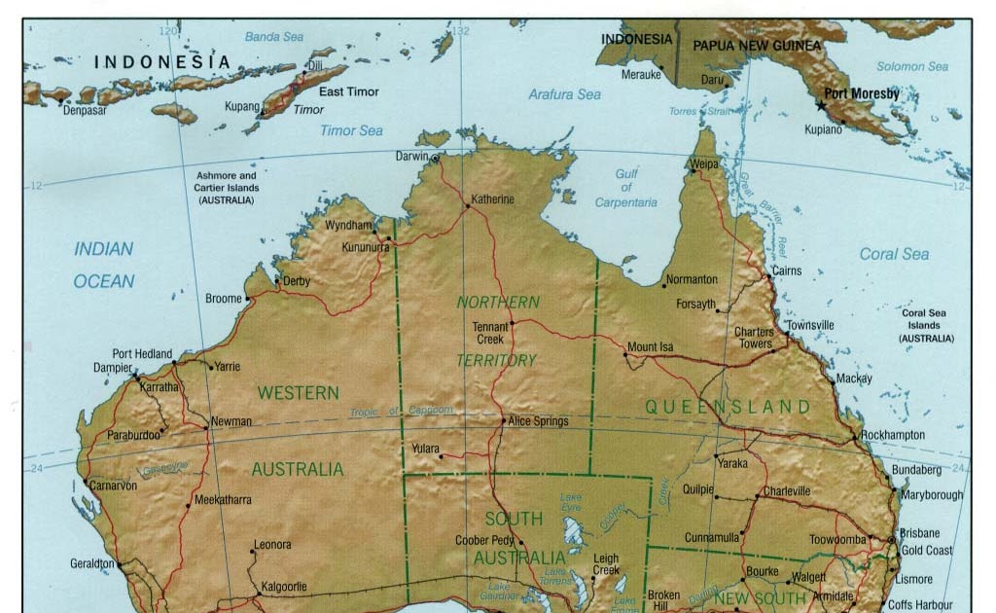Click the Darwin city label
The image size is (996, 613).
click(x=412, y=156)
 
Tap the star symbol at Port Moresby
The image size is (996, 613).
click(x=820, y=104)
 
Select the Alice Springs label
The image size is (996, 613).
click(x=538, y=421)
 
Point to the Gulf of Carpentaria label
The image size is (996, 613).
click(x=626, y=188)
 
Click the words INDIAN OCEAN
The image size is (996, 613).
click(x=104, y=265)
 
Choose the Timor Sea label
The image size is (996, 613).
click(x=351, y=130)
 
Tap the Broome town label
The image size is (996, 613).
click(x=223, y=299)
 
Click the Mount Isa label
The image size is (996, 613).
click(x=650, y=346)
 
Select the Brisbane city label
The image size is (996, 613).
click(x=919, y=533)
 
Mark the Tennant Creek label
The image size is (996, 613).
click(x=490, y=333)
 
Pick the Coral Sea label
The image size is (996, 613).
click(x=894, y=254)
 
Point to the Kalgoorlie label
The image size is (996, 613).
click(x=281, y=587)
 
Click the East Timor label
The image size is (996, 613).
click(x=349, y=91)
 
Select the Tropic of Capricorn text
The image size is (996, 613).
click(x=401, y=412)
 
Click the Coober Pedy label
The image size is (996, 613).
click(x=484, y=541)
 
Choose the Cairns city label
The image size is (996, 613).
click(x=787, y=270)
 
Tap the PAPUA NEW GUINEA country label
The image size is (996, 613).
click(x=757, y=46)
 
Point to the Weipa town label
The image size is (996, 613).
click(x=704, y=164)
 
